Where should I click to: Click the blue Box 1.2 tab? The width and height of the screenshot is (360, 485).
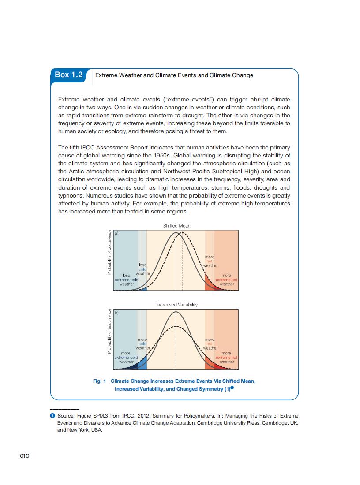[68, 75]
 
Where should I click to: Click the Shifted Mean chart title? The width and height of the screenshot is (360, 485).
[176, 226]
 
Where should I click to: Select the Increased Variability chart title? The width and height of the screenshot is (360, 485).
[176, 305]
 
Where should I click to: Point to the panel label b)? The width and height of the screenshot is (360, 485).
[116, 312]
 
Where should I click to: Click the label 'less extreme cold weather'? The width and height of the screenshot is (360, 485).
[126, 280]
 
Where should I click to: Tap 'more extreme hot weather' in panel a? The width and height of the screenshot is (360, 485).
[227, 280]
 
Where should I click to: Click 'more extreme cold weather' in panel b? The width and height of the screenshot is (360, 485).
[126, 358]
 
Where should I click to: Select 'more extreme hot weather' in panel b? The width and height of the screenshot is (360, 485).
[227, 358]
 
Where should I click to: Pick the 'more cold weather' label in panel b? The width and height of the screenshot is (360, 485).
[142, 343]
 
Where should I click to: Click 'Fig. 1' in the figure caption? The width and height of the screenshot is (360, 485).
[100, 381]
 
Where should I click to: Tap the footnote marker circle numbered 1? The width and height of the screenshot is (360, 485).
[53, 416]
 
